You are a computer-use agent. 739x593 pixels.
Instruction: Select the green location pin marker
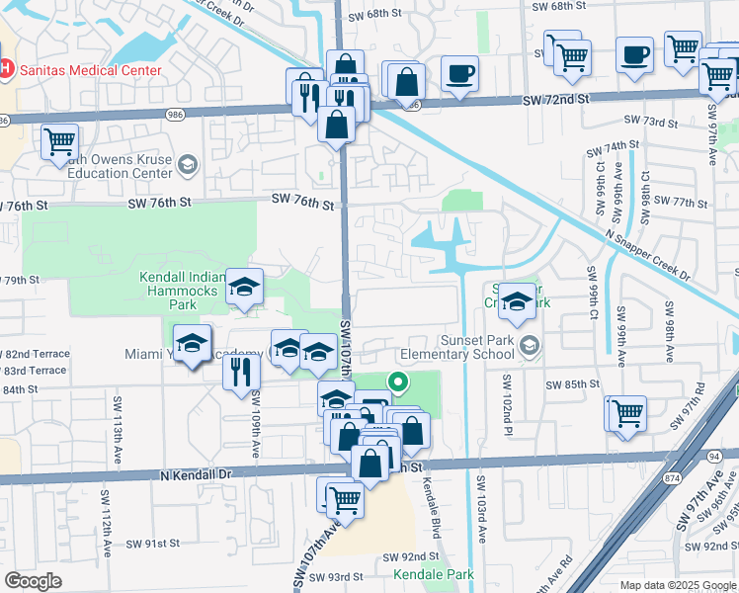coord(397,381)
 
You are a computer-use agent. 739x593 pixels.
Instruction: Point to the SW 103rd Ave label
coord(482,510)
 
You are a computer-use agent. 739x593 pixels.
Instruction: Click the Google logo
coord(33,581)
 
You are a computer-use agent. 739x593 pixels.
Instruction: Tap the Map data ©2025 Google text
coord(677,585)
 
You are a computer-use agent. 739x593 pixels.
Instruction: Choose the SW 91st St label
coord(153,544)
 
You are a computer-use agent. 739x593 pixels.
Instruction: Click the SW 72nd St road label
coord(556,100)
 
